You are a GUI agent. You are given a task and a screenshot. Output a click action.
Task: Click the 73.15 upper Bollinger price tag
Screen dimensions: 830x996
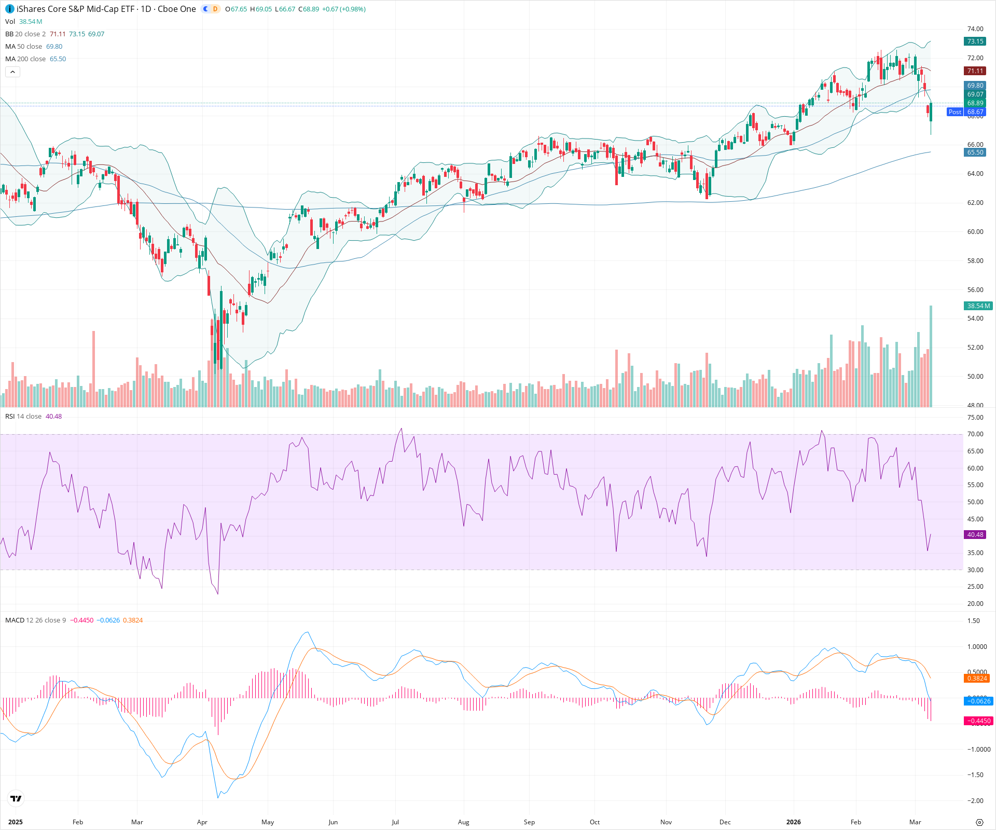[975, 41]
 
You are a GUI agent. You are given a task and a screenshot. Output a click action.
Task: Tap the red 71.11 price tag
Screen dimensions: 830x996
[975, 71]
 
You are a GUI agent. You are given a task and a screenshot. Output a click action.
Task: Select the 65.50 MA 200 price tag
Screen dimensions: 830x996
[975, 153]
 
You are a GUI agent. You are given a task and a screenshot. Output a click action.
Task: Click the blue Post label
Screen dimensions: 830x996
[955, 112]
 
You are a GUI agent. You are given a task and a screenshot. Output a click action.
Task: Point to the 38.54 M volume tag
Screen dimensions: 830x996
[978, 306]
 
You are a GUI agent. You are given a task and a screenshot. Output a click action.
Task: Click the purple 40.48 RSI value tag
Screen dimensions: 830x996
[975, 535]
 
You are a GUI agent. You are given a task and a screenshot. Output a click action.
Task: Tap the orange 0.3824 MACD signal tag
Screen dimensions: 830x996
[977, 679]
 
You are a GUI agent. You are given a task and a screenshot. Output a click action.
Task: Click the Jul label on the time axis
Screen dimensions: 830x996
[395, 822]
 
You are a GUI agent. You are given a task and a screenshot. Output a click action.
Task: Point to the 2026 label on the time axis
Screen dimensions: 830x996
[793, 822]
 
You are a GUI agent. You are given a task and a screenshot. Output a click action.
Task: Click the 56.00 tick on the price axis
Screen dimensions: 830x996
[975, 290]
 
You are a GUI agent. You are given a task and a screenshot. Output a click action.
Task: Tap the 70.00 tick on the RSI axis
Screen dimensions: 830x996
[975, 435]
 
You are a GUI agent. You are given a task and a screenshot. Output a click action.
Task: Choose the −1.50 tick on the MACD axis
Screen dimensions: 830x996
[975, 775]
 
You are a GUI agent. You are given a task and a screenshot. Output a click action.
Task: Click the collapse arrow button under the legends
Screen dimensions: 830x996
[12, 72]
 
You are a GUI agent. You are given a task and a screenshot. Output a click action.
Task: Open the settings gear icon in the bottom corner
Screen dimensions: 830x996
[979, 822]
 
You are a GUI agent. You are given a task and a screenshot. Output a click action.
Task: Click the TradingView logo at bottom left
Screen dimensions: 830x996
[16, 799]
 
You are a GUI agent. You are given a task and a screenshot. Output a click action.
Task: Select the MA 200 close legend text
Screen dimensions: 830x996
[25, 59]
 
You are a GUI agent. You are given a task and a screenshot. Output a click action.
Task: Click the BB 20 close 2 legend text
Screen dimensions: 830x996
[25, 34]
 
